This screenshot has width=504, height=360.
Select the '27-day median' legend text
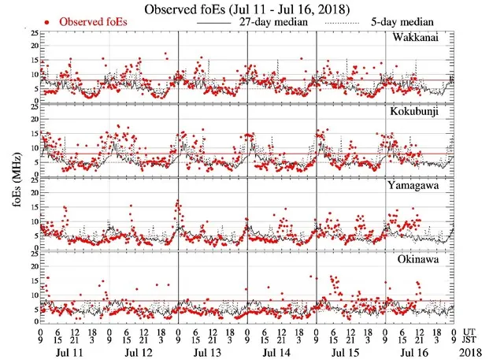(274, 21)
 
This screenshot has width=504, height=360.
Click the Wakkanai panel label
(418, 39)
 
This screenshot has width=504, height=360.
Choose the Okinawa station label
(420, 258)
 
